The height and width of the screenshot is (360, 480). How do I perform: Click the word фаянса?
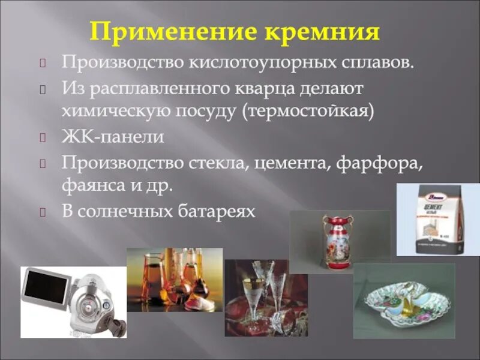pos(89,185)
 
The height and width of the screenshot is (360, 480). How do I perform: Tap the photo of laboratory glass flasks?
pos(174,280)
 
